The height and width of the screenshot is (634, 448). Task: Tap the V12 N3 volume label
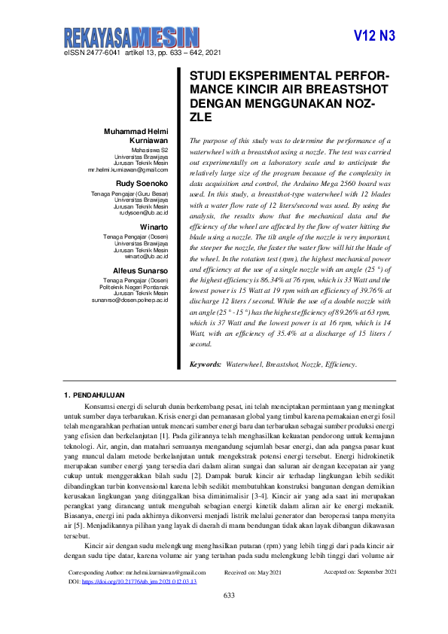click(x=373, y=36)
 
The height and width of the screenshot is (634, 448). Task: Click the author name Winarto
click(x=154, y=227)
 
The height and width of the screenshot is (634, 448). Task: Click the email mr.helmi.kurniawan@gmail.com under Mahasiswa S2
click(x=127, y=171)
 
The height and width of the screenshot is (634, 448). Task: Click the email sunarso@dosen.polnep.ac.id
click(x=130, y=300)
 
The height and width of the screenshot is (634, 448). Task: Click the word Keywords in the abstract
click(x=205, y=364)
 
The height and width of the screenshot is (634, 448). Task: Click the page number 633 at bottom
click(x=230, y=617)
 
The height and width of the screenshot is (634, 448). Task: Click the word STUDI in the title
click(x=207, y=77)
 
